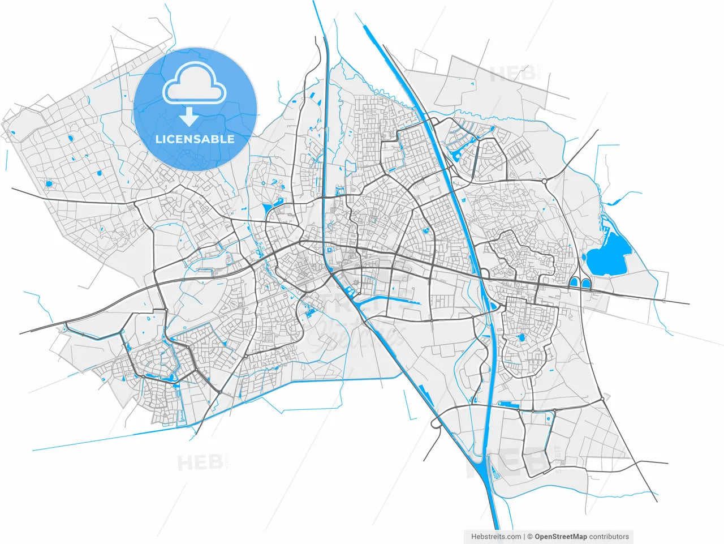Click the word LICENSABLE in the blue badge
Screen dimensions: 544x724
pyautogui.click(x=195, y=139)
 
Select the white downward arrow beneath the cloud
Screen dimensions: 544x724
pyautogui.click(x=189, y=116)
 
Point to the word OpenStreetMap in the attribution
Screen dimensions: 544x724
pyautogui.click(x=561, y=537)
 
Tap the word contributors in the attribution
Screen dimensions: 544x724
pyautogui.click(x=609, y=537)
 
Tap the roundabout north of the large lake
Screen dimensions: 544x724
pyautogui.click(x=544, y=182)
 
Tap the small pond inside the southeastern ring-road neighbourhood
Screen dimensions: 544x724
pyautogui.click(x=521, y=338)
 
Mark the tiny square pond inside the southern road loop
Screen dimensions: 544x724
pyautogui.click(x=548, y=419)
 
